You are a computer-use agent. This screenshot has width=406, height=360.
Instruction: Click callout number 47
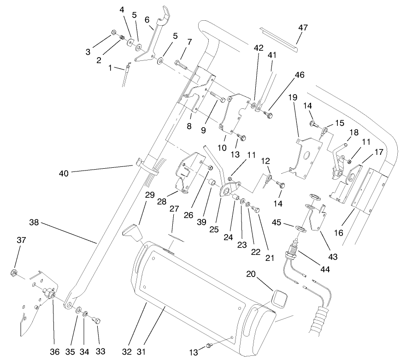tap(303, 28)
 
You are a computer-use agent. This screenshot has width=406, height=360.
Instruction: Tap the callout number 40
tap(64, 173)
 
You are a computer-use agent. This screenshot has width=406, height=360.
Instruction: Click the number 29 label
tap(149, 195)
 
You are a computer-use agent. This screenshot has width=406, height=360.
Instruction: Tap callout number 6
tap(147, 20)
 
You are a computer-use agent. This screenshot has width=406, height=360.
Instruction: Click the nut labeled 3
tap(113, 33)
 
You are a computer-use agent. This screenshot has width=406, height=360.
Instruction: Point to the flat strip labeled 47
tap(279, 38)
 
